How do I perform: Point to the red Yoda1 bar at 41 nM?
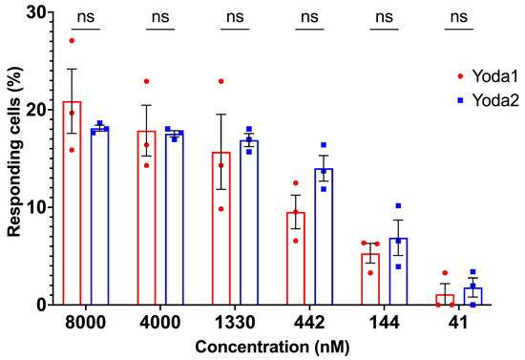point(445,300)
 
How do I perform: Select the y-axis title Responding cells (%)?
point(12,158)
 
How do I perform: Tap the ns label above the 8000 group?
point(85,16)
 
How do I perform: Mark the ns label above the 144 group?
point(385,16)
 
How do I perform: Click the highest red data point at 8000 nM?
point(72,41)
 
